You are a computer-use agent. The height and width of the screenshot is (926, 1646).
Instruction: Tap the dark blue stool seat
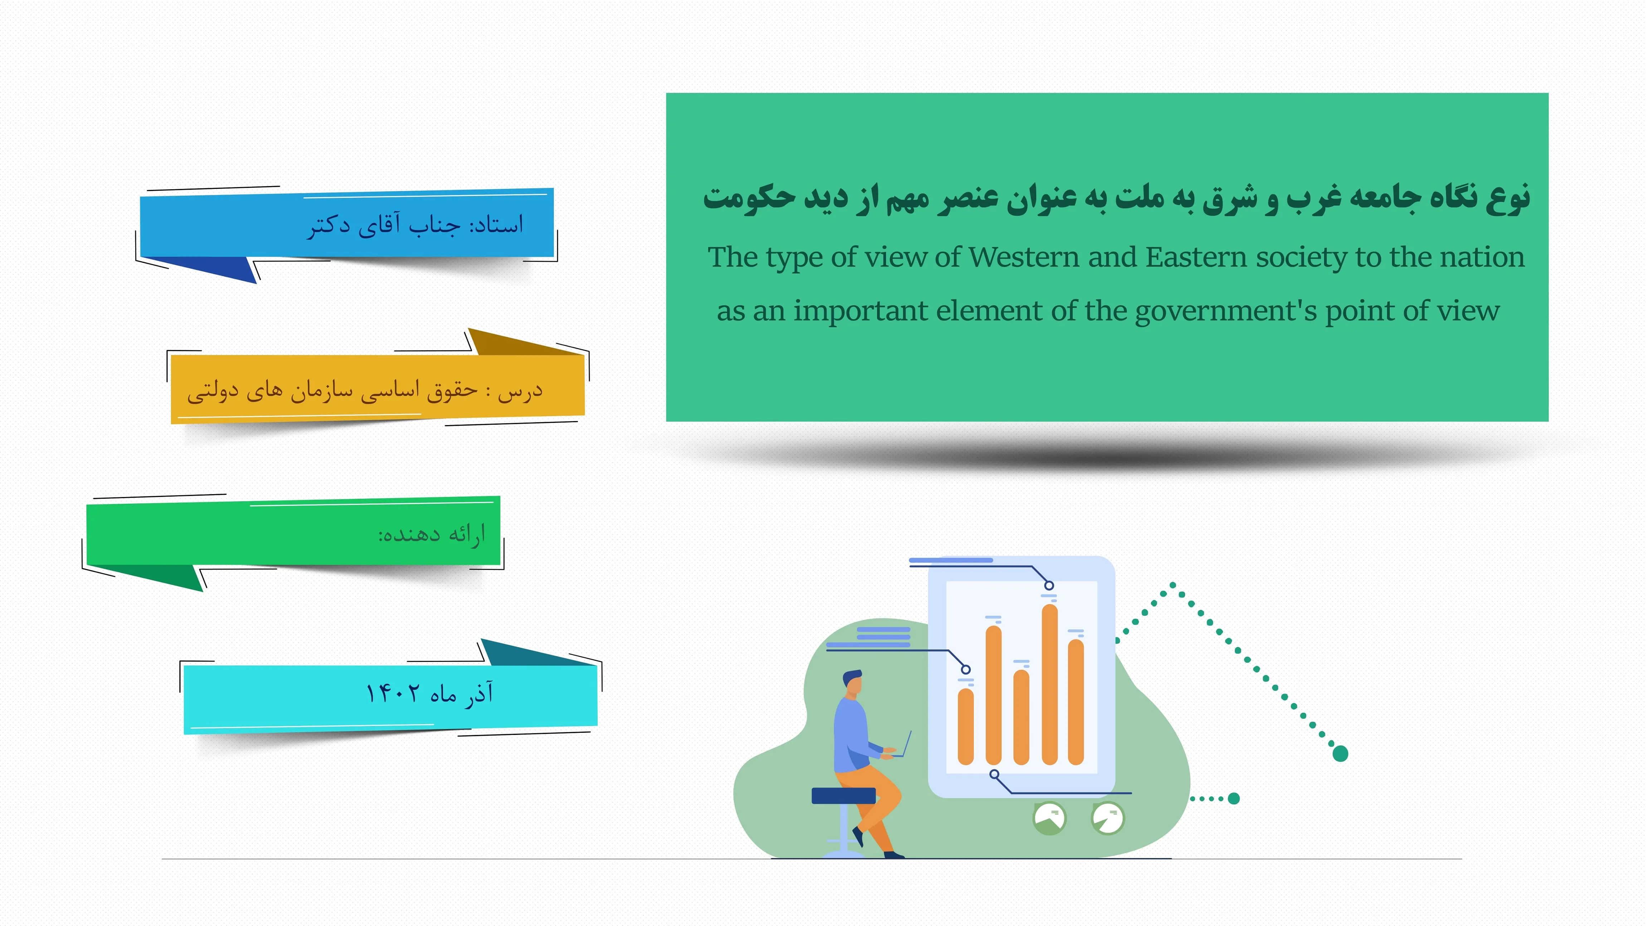pyautogui.click(x=843, y=796)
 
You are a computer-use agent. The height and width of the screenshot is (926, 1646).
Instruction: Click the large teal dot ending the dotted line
pyautogui.click(x=1340, y=754)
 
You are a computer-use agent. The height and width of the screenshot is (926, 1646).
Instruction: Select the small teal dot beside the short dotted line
pyautogui.click(x=1234, y=798)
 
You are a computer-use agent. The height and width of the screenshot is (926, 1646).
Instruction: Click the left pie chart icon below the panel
pyautogui.click(x=1049, y=819)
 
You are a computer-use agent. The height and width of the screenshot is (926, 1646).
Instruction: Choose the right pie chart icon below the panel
pyautogui.click(x=1107, y=819)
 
